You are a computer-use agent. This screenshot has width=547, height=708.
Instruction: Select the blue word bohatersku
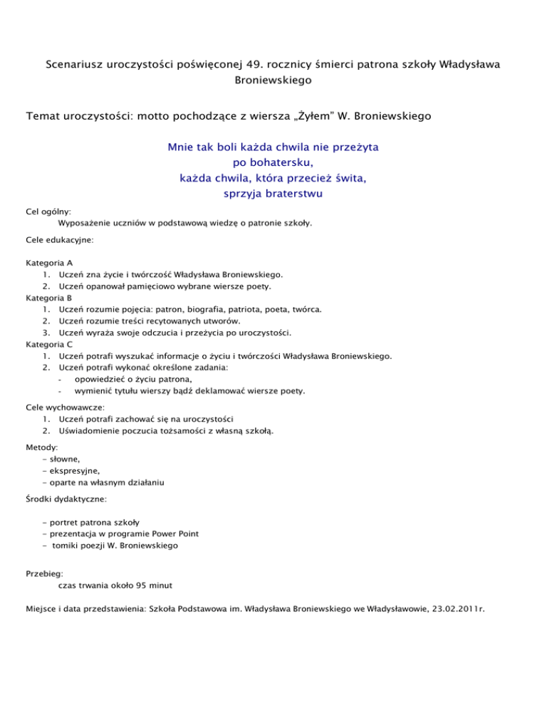coord(273,163)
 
